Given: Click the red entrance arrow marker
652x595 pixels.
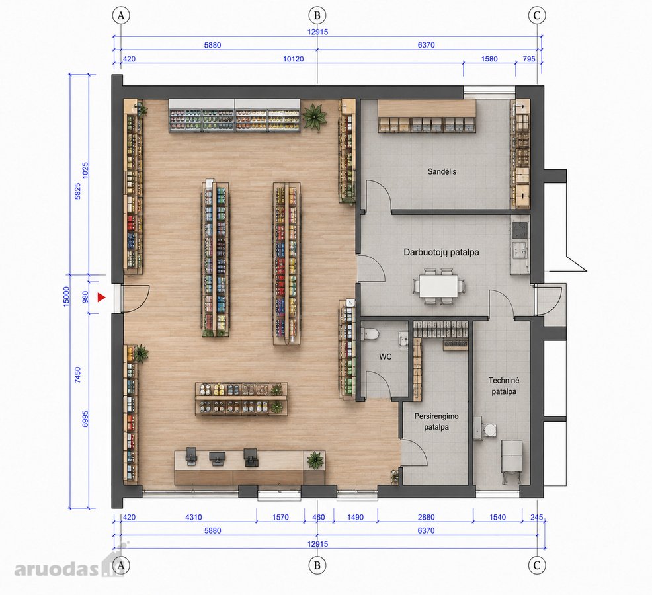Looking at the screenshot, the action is coord(101,297).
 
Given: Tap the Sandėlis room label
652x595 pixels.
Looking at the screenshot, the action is coord(442,171).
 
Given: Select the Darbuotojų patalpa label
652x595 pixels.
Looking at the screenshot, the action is coord(441,252).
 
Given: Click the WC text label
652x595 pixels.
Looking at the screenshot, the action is coord(385,357).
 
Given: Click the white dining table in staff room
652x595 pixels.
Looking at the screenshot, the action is coord(438,286).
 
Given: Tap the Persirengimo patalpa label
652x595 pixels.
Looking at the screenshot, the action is coord(436,422).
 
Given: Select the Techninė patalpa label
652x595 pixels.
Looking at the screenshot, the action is coord(504,386).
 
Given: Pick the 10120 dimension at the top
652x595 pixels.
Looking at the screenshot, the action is coord(293,59).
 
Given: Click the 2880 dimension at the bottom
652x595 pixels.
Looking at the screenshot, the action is coord(426,517).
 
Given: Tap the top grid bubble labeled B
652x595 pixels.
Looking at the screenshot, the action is coord(317,15).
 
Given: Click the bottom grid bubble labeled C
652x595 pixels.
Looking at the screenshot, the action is coord(536,565).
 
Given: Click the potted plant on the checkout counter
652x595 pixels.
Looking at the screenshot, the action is coord(315,460).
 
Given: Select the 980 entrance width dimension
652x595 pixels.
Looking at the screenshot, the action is coord(85,297).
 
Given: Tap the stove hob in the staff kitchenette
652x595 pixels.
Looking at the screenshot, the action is coord(520,229).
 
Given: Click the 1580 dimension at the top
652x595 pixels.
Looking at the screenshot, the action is coord(489,59).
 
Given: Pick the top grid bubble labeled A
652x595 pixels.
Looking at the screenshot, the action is coord(121,15).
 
